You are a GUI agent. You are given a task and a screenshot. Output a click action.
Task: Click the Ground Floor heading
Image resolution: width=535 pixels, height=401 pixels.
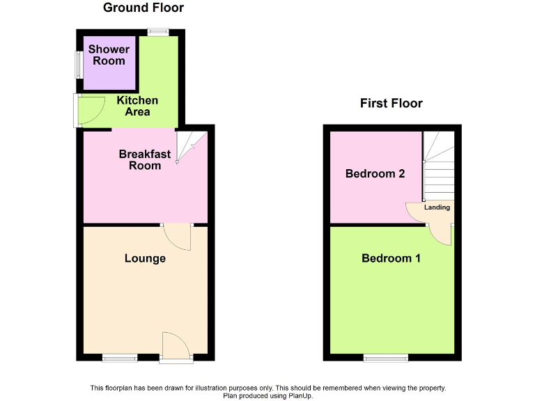coord(144,8)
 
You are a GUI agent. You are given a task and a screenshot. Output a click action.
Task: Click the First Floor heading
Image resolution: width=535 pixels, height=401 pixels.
coord(391,103)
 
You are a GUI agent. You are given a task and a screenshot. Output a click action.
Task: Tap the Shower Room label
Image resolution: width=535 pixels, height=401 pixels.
coord(109,55)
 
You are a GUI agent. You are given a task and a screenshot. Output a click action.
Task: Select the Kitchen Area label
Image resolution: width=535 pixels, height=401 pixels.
coord(137,106)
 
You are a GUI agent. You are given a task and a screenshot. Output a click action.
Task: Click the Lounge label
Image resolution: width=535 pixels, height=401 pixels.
coord(145,258)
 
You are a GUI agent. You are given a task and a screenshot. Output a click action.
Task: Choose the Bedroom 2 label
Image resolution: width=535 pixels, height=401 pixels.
coord(375,173)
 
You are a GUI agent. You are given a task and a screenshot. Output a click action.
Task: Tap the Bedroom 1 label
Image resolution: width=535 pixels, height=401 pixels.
coord(391,258)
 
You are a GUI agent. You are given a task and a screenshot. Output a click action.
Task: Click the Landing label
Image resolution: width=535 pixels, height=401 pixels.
coord(437,207)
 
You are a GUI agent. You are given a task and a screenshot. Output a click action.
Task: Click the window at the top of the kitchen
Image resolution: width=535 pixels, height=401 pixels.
coord(158,31)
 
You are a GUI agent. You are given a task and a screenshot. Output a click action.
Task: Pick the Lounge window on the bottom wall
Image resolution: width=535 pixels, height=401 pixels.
coord(120,358)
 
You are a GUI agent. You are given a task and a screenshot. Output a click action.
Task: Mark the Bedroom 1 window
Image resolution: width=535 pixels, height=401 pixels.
coord(385,358)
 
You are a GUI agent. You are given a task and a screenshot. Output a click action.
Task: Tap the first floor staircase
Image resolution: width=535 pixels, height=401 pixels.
coord(439,167)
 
